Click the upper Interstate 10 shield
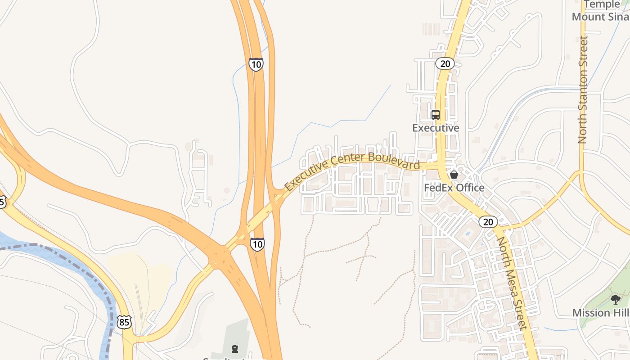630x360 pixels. coord(256,64)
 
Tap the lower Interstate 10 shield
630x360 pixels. coord(257,244)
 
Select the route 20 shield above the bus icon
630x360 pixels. coord(445,63)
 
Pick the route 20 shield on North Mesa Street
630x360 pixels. coord(488,221)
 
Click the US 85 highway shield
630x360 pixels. coord(125,322)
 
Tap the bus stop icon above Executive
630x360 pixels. coord(435,115)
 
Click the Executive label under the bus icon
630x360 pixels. coord(436,128)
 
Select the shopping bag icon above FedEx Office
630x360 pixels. coord(454,175)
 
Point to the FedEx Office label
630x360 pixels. coord(454,188)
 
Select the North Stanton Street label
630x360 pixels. coord(583,90)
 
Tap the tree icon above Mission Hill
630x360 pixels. coord(615,299)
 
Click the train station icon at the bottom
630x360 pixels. coord(234,348)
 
